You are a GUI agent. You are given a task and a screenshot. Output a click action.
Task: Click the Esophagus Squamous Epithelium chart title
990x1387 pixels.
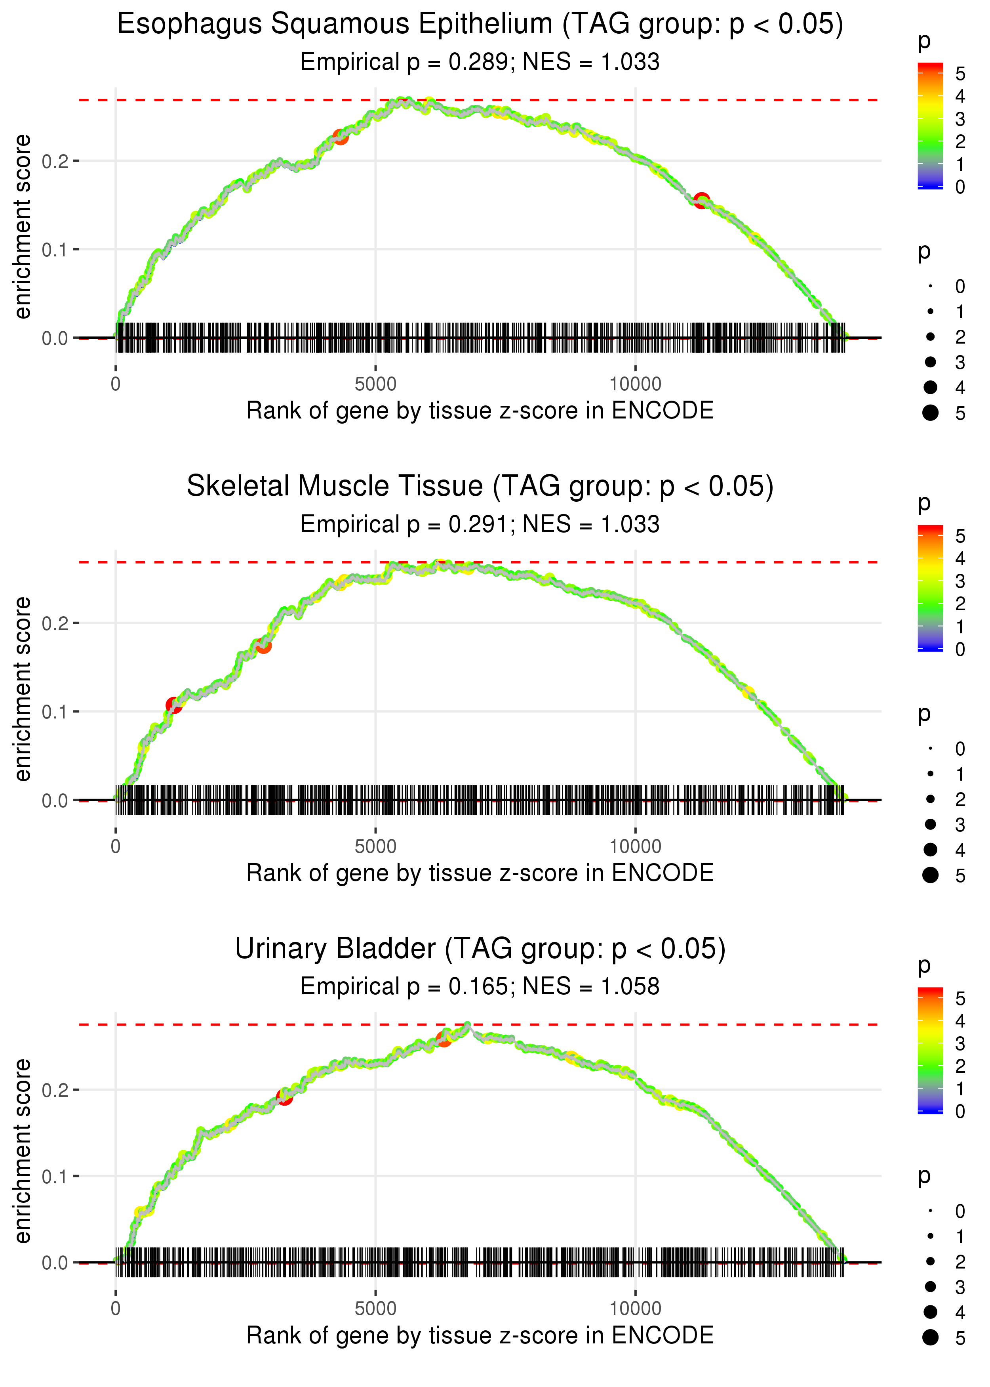coord(480,25)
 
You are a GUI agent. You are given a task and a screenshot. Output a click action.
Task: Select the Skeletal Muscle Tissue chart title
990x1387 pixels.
coord(480,487)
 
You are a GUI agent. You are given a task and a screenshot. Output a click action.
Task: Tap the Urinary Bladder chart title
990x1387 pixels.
coord(480,949)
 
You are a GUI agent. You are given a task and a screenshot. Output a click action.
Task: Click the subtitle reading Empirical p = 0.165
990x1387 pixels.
coord(480,986)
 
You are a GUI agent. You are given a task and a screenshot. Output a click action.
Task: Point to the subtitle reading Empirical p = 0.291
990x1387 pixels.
coord(480,524)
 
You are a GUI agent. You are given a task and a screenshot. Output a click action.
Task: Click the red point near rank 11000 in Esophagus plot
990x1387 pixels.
coord(702,200)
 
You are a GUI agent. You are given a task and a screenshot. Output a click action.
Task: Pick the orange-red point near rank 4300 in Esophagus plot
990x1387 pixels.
coord(340,137)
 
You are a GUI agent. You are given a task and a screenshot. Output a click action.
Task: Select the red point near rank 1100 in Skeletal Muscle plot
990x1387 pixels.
coord(174,705)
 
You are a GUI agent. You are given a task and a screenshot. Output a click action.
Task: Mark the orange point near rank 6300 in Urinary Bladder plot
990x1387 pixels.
coord(444,1039)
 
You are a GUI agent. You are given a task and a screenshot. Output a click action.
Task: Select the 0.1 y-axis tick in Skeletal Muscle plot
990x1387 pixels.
coord(55,712)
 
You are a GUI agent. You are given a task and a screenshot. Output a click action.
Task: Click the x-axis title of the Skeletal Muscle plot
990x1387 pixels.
coord(480,873)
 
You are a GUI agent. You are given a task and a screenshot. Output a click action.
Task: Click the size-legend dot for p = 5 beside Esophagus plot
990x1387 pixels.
coord(930,413)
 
